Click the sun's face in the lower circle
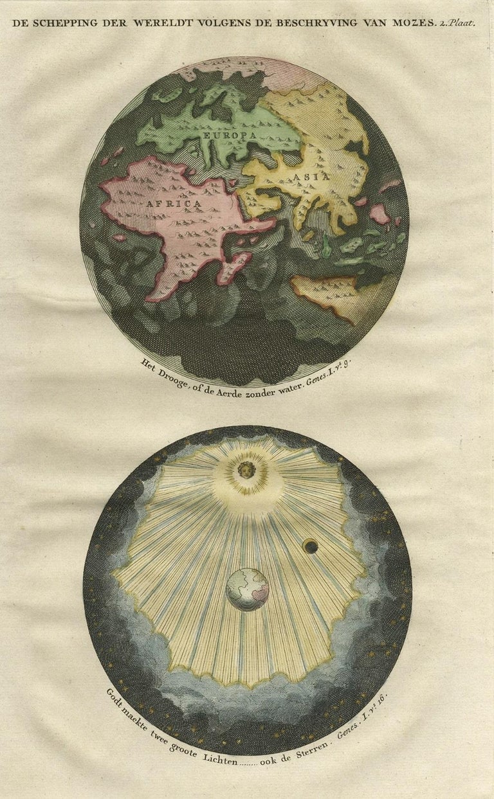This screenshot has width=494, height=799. (246, 469)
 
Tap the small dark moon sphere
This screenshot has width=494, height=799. (311, 546)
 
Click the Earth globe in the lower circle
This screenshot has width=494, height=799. (248, 589)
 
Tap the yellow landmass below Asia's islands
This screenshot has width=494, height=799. (325, 292)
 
